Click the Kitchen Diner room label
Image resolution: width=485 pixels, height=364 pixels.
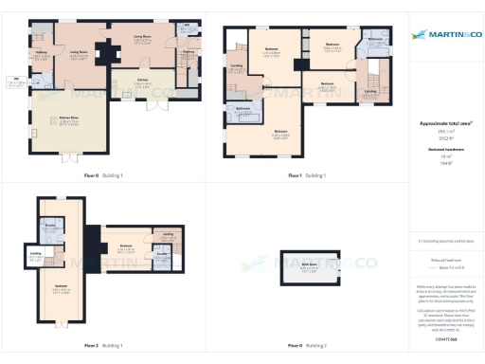68,119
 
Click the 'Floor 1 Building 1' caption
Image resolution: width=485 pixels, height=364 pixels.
308,175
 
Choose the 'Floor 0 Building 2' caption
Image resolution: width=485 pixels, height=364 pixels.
308,345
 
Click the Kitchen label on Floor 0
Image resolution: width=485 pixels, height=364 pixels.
143,82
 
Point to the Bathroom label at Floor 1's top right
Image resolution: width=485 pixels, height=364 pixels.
375,41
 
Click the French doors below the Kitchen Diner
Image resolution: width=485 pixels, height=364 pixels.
69,156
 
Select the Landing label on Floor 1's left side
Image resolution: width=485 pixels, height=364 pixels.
236,67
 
